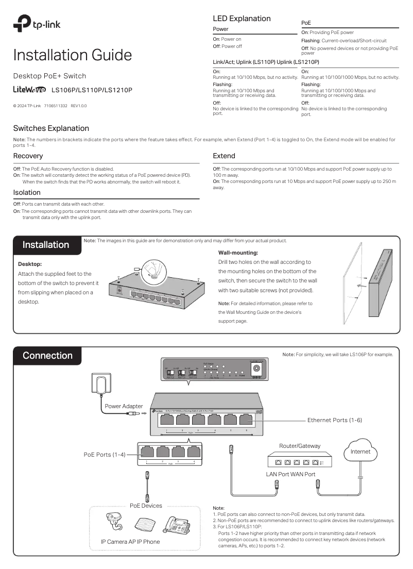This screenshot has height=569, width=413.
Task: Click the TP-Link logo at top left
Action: pos(35,23)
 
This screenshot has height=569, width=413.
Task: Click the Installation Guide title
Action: pos(72,55)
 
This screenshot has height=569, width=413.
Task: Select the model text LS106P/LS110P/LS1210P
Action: pos(92,90)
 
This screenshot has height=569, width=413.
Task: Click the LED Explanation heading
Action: pos(242,19)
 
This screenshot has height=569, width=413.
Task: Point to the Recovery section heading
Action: pos(28,156)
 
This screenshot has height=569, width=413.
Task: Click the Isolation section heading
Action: pos(27,192)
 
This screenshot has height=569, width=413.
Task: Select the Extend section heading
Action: pos(224,156)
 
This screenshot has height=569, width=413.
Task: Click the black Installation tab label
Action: pos(46,245)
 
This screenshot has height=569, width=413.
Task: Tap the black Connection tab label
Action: pos(47,356)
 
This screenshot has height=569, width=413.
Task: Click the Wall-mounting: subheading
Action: pos(238,253)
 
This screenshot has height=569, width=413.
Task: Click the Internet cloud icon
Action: pos(360,452)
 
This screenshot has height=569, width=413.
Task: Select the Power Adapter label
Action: pos(124,406)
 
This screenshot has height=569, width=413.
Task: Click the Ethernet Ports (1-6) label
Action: pos(334,421)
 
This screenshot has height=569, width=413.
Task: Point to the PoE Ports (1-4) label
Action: pos(105,454)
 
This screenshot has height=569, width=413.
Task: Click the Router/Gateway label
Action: pos(299,446)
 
